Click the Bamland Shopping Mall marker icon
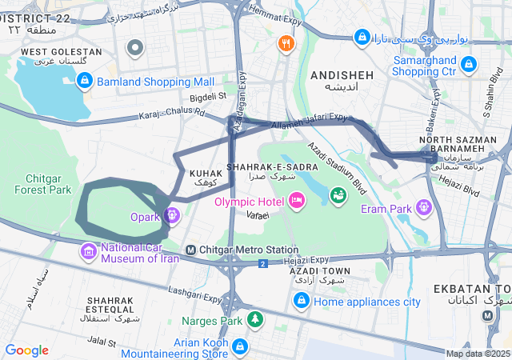click(x=85, y=80)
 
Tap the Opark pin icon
click(x=171, y=214)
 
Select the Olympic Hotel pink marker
click(x=297, y=199)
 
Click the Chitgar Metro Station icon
click(x=190, y=250)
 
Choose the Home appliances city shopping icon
click(x=302, y=301)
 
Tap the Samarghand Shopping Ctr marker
click(x=469, y=63)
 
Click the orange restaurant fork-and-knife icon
click(x=285, y=43)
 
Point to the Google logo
click(x=26, y=350)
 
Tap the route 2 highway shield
click(x=262, y=263)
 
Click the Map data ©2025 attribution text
click(x=478, y=354)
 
